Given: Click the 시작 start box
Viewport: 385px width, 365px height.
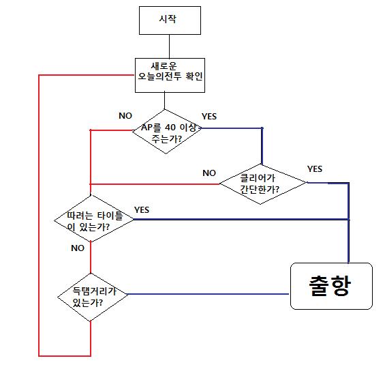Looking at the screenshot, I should point(170,20).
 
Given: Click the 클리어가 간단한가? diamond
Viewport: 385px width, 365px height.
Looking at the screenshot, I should point(262,184).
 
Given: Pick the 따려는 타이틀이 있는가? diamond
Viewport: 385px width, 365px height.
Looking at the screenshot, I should point(91,220).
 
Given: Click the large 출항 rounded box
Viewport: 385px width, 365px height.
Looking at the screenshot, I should point(332,286).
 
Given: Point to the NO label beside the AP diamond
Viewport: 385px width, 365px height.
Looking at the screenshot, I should point(125,116).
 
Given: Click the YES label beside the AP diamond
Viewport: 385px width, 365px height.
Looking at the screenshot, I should point(209,117).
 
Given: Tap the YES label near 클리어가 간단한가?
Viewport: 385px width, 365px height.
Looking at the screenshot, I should point(315,169).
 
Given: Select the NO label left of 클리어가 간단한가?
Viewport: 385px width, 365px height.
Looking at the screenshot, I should point(209,173).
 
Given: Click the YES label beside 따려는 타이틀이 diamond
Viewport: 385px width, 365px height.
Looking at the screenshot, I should point(142,209).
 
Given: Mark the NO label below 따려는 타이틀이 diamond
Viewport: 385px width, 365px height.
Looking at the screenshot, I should point(78,248).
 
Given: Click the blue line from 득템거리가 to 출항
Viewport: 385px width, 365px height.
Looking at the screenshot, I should point(204,294).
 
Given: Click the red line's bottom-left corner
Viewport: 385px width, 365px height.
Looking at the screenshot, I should point(40,355).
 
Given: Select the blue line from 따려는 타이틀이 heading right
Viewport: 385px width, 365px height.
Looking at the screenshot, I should point(238,220).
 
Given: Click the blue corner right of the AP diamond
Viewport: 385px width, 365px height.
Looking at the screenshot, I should point(262,128).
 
